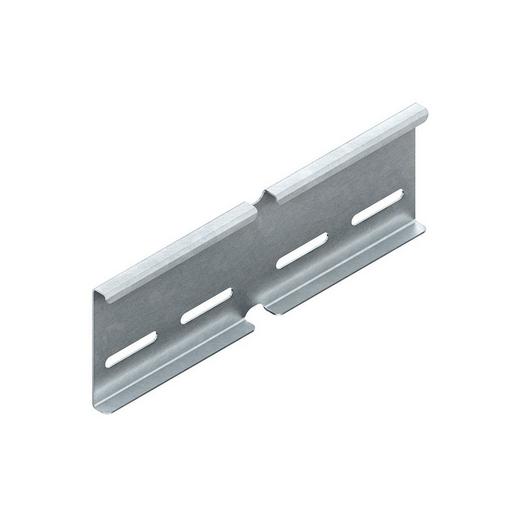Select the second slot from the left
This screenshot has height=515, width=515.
coord(206,307)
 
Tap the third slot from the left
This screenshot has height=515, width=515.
coord(302,252)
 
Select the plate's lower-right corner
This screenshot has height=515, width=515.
coord(424,224)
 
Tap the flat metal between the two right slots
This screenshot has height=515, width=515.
coord(339,231)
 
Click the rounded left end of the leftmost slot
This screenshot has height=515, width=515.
coord(113,359)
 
